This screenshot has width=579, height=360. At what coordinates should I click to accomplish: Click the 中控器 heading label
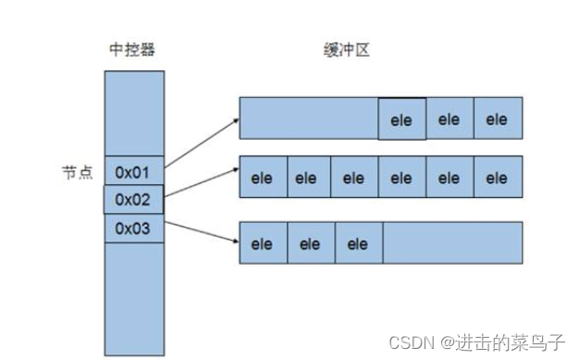pyautogui.click(x=133, y=51)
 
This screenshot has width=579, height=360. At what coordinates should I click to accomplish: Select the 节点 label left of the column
pyautogui.click(x=78, y=172)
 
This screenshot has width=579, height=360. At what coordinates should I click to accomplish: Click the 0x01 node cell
pyautogui.click(x=133, y=171)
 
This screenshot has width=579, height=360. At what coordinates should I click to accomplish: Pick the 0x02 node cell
pyautogui.click(x=133, y=199)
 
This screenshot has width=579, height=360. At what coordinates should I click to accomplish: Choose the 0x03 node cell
pyautogui.click(x=133, y=228)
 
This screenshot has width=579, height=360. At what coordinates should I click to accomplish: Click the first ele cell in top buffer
pyautogui.click(x=401, y=119)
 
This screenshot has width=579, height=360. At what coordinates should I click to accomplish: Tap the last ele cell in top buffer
pyautogui.click(x=498, y=119)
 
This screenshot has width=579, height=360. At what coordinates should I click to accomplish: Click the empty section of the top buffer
pyautogui.click(x=308, y=119)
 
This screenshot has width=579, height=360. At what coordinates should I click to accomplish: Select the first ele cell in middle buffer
pyautogui.click(x=263, y=178)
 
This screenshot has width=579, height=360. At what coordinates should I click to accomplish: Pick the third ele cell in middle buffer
pyautogui.click(x=354, y=178)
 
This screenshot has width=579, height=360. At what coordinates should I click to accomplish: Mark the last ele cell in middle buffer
pyautogui.click(x=498, y=178)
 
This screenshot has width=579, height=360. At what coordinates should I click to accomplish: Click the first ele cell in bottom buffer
pyautogui.click(x=263, y=243)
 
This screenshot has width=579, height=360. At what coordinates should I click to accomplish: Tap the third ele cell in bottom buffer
pyautogui.click(x=358, y=243)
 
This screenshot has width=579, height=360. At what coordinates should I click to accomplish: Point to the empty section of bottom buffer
pyautogui.click(x=452, y=243)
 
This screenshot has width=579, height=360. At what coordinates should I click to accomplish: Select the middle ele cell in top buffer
pyautogui.click(x=450, y=119)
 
